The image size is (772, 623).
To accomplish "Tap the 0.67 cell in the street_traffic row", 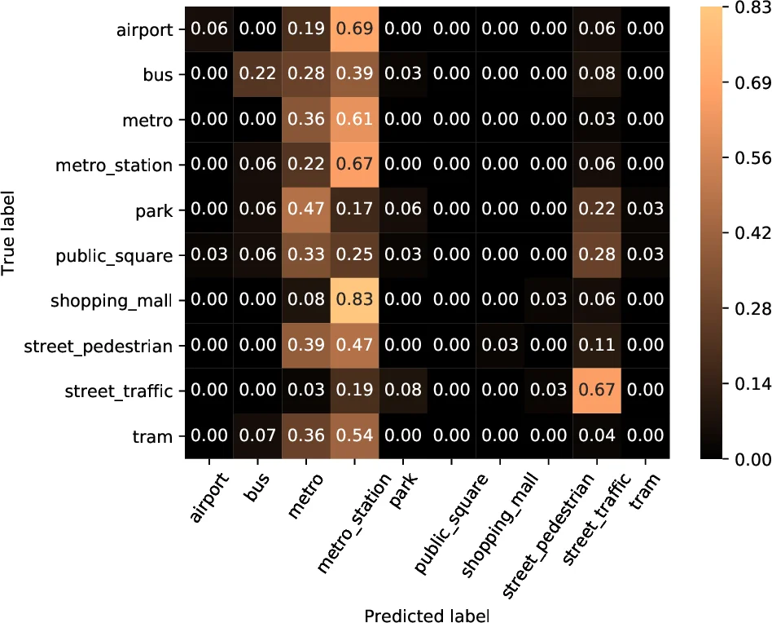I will [x=596, y=391].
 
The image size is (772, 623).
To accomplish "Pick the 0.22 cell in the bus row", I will [x=258, y=74].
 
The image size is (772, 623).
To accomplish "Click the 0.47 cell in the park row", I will [x=306, y=210].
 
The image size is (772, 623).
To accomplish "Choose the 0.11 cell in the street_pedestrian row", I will [x=596, y=346].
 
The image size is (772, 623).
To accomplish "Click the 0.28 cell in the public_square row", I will [x=596, y=255].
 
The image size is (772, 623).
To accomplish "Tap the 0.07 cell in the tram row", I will [x=258, y=436].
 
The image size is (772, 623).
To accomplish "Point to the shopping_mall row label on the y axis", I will [x=112, y=301].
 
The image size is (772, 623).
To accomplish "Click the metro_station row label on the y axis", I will [x=114, y=166].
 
